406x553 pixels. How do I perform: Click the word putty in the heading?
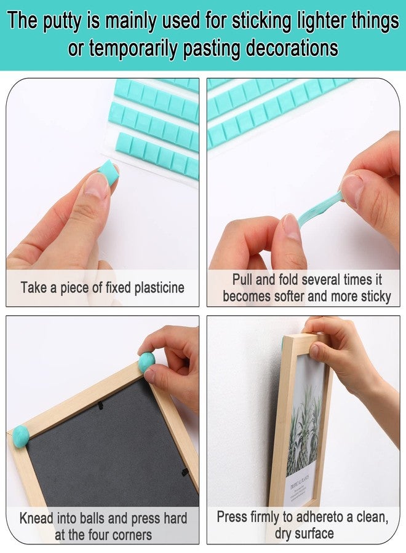click(61, 20)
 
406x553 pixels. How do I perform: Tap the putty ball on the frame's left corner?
click(20, 437)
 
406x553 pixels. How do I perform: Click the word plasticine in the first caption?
click(159, 288)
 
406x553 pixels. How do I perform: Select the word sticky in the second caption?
click(376, 297)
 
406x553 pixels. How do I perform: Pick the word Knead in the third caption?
click(37, 519)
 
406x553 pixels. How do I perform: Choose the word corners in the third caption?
click(130, 535)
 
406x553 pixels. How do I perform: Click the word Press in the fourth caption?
click(232, 517)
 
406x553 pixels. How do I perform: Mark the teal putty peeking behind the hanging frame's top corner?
click(283, 343)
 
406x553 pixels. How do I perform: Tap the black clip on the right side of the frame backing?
click(185, 472)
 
